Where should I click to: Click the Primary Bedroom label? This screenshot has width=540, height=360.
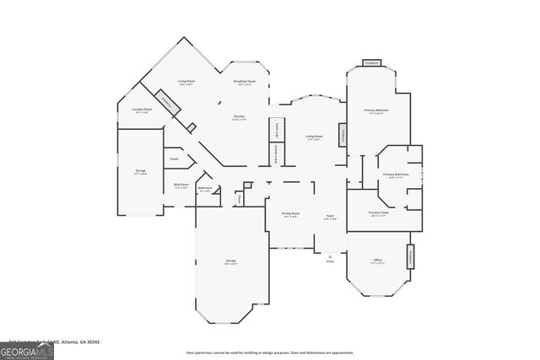(375, 111)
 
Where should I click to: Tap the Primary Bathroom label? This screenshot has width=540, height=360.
(395, 176)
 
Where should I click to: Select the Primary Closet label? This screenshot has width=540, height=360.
(379, 213)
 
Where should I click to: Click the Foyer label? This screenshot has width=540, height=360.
(331, 216)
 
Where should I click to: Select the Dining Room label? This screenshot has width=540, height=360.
(290, 214)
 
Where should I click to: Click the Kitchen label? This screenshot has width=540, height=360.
(239, 118)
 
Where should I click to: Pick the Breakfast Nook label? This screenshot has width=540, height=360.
(246, 83)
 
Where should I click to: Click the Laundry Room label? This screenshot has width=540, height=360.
(142, 110)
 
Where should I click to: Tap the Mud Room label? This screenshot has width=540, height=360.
(181, 186)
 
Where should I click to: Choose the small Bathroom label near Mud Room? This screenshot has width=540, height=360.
(205, 190)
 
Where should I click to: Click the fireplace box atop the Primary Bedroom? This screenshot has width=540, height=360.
(371, 63)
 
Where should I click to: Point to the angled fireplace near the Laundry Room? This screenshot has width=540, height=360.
(170, 103)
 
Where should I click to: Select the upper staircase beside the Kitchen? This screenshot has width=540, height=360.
(276, 130)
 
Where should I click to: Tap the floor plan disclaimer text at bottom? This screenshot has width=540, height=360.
(269, 352)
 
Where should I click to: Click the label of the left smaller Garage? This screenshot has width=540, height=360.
(140, 172)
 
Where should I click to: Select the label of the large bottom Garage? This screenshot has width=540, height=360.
(231, 262)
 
